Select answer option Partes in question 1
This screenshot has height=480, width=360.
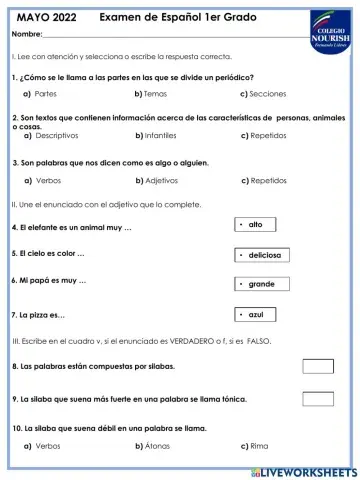coord(44,93)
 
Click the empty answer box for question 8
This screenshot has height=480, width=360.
coord(317,366)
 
